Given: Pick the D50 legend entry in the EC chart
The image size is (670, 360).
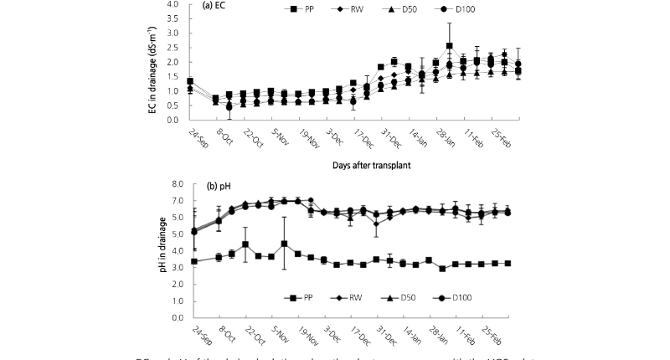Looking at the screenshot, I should tap(420, 11).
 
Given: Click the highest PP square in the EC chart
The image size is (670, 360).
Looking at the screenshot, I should tap(450, 46).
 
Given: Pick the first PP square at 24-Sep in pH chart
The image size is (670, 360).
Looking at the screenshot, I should tap(194, 261).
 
